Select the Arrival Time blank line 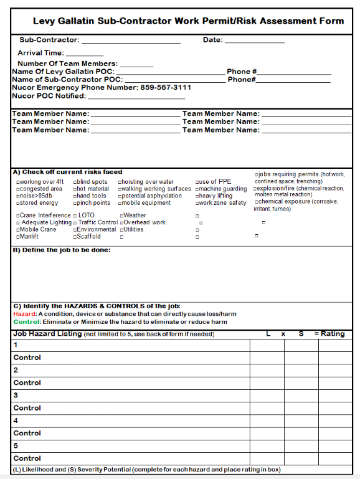coord(84,54)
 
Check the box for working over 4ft coord(18,183)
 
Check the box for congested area coord(18,189)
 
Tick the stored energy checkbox coord(18,203)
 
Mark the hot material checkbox coord(75,189)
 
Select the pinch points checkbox coord(75,203)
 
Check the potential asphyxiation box coord(120,196)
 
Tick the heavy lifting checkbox coord(197,196)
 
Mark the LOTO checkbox coord(75,216)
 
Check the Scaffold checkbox coord(75,237)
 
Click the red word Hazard coord(25,315)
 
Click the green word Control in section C coord(26,322)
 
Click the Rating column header coord(333,334)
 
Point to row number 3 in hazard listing coord(16,395)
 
